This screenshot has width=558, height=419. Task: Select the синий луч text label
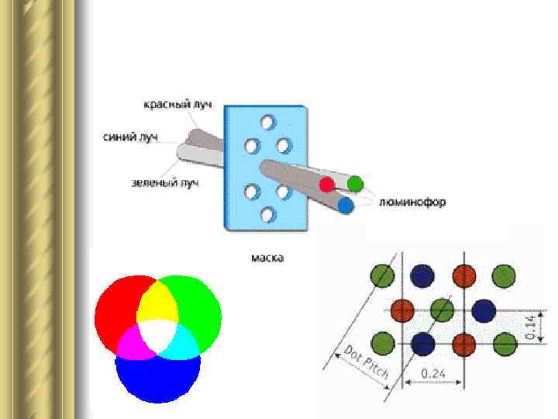pyautogui.click(x=130, y=137)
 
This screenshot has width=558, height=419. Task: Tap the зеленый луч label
pyautogui.click(x=165, y=183)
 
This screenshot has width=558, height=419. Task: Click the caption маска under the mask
pyautogui.click(x=267, y=257)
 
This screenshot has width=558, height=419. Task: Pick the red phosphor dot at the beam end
pyautogui.click(x=327, y=185)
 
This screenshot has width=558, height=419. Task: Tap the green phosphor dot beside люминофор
pyautogui.click(x=355, y=184)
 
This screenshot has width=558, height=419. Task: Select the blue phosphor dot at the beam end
pyautogui.click(x=345, y=205)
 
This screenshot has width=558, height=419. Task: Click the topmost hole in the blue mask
pyautogui.click(x=267, y=123)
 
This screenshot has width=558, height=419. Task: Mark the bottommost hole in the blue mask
pyautogui.click(x=268, y=215)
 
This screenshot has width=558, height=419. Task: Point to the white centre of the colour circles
pyautogui.click(x=158, y=332)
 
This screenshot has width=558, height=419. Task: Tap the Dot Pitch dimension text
pyautogui.click(x=368, y=362)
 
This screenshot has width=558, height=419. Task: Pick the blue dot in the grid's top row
pyautogui.click(x=422, y=275)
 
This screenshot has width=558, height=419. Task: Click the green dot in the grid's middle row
pyautogui.click(x=442, y=309)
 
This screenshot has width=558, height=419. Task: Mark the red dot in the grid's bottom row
pyautogui.click(x=463, y=343)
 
